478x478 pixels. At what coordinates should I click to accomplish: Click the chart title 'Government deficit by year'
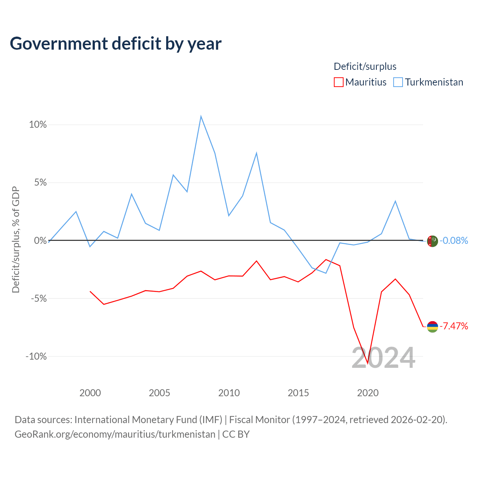pyautogui.click(x=115, y=44)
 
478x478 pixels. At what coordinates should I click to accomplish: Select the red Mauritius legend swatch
pyautogui.click(x=339, y=82)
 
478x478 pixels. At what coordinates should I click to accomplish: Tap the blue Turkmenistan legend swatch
pyautogui.click(x=398, y=82)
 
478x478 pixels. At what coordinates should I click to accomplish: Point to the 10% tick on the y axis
pyautogui.click(x=38, y=124)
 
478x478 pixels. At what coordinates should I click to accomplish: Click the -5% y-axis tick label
pyautogui.click(x=39, y=298)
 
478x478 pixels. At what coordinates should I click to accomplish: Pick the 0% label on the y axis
pyautogui.click(x=40, y=240)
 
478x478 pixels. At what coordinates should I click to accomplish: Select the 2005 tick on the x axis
pyautogui.click(x=159, y=392)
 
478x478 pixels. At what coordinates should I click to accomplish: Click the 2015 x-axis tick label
pyautogui.click(x=298, y=392)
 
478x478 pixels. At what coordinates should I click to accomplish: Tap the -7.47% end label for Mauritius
pyautogui.click(x=454, y=326)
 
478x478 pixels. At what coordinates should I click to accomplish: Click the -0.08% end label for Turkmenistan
pyautogui.click(x=454, y=240)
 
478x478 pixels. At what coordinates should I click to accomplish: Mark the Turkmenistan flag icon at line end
pyautogui.click(x=432, y=241)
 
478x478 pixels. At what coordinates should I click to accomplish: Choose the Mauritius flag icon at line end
pyautogui.click(x=432, y=327)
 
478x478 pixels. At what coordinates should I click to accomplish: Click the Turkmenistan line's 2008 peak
pyautogui.click(x=201, y=116)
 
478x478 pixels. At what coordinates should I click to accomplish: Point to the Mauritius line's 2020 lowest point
pyautogui.click(x=367, y=363)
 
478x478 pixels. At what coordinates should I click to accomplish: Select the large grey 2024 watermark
pyautogui.click(x=383, y=358)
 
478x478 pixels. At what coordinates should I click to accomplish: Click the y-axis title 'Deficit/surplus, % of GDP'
pyautogui.click(x=16, y=240)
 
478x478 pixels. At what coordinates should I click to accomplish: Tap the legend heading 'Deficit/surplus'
pyautogui.click(x=365, y=66)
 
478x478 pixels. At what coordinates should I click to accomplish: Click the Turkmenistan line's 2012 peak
pyautogui.click(x=257, y=153)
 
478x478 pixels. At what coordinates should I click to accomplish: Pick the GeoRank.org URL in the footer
pyautogui.click(x=115, y=434)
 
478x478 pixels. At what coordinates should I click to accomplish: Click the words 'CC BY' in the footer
pyautogui.click(x=236, y=434)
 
